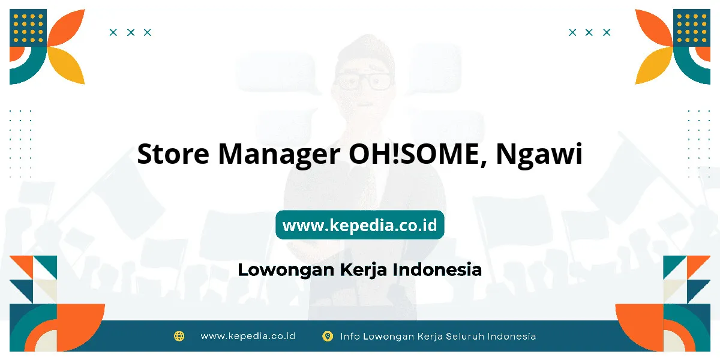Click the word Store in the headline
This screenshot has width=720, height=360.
(173, 154)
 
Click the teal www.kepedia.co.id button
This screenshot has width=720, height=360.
(359, 224)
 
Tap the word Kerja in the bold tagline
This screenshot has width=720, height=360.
(363, 271)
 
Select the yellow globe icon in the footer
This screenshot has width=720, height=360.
(179, 336)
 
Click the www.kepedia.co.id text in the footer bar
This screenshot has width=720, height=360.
(248, 336)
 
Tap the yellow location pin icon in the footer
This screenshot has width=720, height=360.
(328, 336)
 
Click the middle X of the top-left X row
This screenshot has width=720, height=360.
(131, 32)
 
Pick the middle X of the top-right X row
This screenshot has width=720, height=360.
(589, 32)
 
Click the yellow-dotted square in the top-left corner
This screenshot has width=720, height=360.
(28, 28)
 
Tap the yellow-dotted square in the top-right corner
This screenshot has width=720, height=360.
(692, 28)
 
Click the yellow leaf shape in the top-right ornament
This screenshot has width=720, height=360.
(654, 65)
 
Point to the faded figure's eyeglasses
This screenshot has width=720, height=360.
(364, 82)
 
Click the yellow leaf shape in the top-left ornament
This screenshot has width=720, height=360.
(67, 65)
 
